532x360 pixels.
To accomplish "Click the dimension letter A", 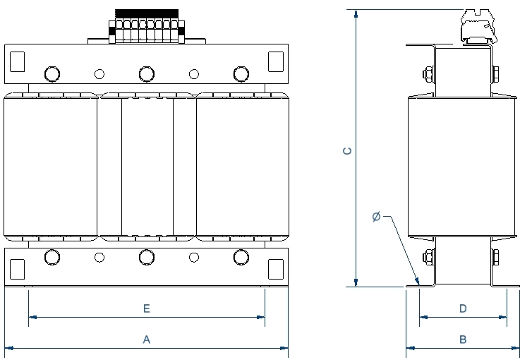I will click(x=147, y=340).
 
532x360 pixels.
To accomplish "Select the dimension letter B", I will click(x=463, y=340).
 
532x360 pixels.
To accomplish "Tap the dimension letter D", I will click(x=463, y=308).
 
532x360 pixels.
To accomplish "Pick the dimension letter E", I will click(x=147, y=308).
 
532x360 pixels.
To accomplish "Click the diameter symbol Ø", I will click(x=376, y=217).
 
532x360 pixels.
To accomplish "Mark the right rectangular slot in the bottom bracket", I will click(x=276, y=268).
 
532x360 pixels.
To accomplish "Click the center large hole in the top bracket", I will click(x=147, y=73).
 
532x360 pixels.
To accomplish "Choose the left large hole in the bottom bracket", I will click(x=52, y=258).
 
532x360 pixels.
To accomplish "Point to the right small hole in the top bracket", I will click(x=194, y=73).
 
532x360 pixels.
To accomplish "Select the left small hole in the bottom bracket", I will click(x=99, y=258).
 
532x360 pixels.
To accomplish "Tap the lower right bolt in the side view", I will click(x=495, y=257).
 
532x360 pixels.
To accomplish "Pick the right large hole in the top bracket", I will click(x=241, y=73).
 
